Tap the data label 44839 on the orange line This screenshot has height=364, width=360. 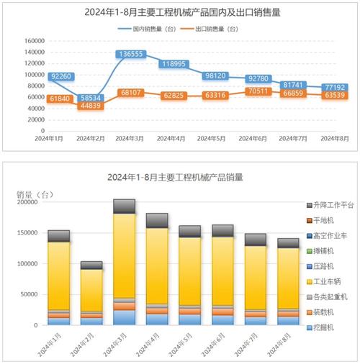pos(90,106)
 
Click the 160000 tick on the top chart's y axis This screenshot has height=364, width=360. pos(34,41)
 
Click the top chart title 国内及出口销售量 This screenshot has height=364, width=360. pos(180,12)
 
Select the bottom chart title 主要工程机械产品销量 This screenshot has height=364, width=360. pos(180,177)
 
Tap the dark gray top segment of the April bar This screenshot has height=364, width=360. pos(157,220)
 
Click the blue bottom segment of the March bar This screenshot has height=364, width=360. pos(124,317)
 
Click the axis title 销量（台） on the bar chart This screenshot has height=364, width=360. pos(33,194)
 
